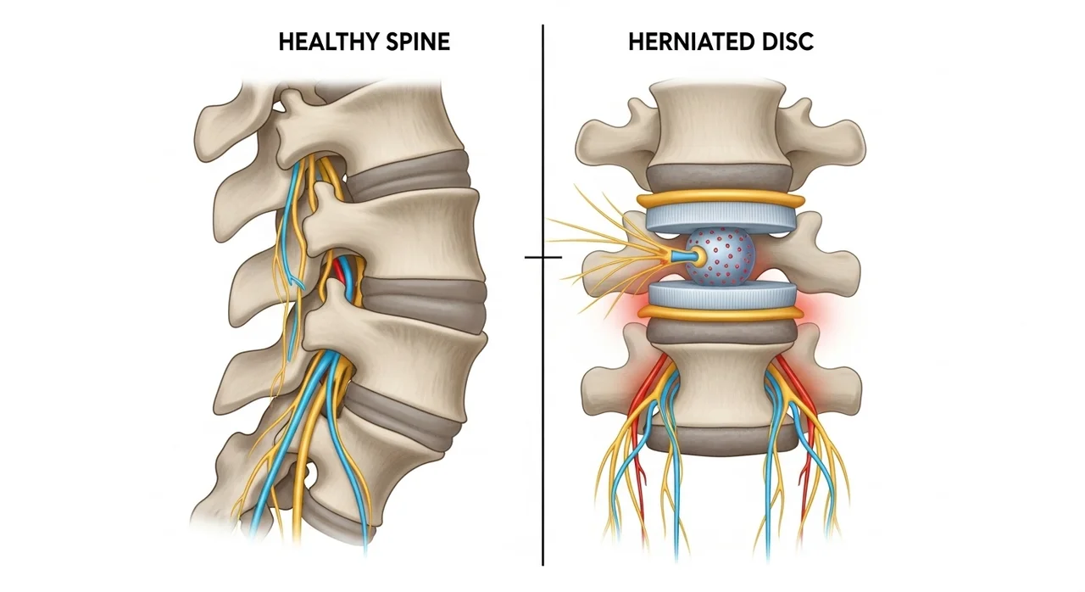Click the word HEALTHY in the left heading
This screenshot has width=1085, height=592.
point(327,42)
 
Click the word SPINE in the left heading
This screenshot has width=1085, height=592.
point(418,42)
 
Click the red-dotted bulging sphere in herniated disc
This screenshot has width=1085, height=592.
point(721,256)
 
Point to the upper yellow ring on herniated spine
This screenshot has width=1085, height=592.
point(721,199)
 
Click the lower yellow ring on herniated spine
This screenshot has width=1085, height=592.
point(721,312)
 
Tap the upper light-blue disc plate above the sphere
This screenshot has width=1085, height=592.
point(721,217)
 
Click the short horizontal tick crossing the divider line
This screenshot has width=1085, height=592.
point(543,257)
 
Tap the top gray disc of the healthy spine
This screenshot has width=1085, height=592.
point(409,176)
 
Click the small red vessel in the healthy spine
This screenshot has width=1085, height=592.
point(339,271)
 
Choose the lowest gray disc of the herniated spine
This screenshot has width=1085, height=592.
point(721,439)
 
